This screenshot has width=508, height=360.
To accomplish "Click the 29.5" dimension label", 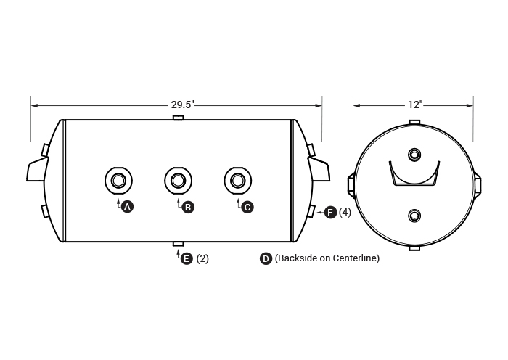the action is (182, 105).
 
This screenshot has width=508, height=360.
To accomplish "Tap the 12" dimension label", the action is (415, 105).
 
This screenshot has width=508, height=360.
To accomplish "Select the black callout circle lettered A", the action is (127, 206).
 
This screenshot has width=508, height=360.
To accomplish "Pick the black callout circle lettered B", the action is (188, 207).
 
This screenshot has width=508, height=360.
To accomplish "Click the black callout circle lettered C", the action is (247, 207).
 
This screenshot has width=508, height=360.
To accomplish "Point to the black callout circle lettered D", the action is (266, 258).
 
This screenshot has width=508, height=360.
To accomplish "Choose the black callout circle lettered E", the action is (187, 258).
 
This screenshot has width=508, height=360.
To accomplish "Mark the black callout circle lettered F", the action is (330, 213).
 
